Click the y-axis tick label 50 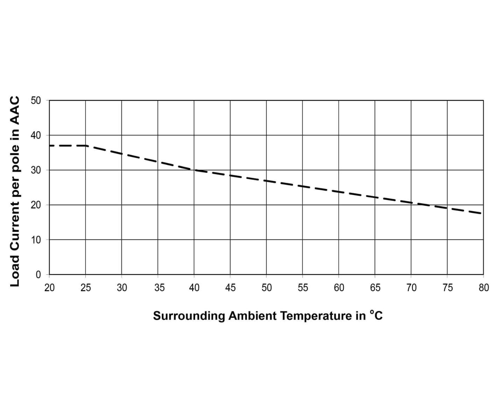[x=36, y=100]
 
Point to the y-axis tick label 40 [x=36, y=135]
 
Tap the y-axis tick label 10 [x=36, y=240]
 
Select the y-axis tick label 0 [x=38, y=275]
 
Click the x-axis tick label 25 [x=85, y=288]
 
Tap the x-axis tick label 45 [x=230, y=288]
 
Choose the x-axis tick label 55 [x=303, y=288]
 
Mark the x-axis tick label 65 [x=375, y=288]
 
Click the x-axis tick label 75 [x=447, y=288]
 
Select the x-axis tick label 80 [x=483, y=288]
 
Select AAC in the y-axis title [x=15, y=111]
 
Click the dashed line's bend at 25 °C [x=86, y=145]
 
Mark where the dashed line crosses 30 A [x=194, y=170]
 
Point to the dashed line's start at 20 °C [x=50, y=145]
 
